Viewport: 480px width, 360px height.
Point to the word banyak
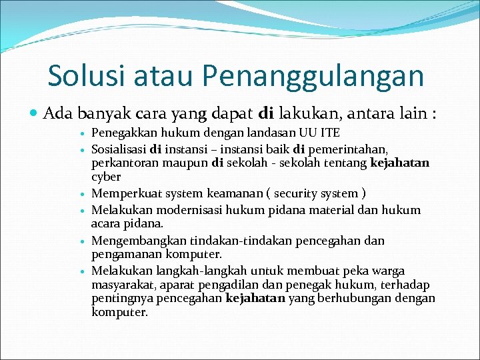point(103,114)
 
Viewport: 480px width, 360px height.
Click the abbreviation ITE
point(330,133)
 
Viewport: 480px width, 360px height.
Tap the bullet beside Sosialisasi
point(81,148)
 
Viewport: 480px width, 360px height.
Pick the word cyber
point(106,177)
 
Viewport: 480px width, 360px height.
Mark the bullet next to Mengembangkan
point(81,241)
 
